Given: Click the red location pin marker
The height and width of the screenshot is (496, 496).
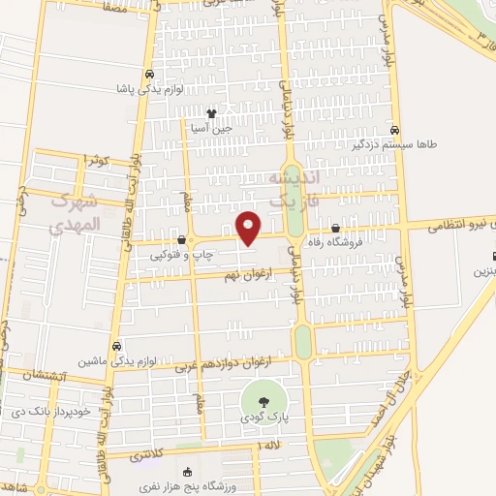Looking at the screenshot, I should (x=249, y=227).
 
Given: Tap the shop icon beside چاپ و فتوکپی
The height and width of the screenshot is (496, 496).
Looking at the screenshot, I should (x=181, y=240).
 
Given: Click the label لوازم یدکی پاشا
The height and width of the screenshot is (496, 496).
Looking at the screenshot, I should (x=147, y=89).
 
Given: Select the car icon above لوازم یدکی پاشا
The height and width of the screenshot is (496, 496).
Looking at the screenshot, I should (x=148, y=75).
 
